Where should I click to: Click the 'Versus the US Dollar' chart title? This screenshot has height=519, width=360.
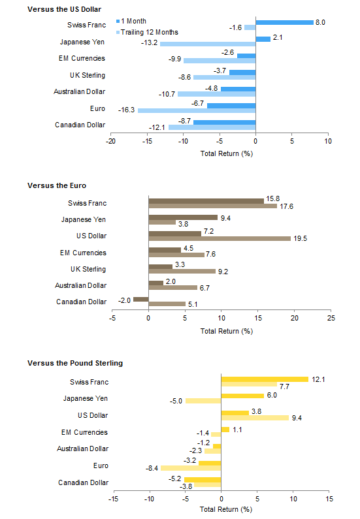click(64, 9)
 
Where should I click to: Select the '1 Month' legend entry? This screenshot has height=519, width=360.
click(131, 21)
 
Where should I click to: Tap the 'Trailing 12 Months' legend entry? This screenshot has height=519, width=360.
click(147, 32)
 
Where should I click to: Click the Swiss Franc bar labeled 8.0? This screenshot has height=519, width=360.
click(284, 22)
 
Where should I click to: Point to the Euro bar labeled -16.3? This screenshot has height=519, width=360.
click(197, 110)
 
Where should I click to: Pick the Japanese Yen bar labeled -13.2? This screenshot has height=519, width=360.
click(208, 44)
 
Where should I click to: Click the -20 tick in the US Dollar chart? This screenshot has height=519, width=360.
click(110, 141)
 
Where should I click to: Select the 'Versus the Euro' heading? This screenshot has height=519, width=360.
click(57, 185)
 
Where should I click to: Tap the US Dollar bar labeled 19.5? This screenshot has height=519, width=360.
click(220, 239)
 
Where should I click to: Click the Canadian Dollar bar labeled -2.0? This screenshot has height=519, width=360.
click(141, 299)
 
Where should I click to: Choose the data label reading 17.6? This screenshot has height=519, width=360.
click(286, 206)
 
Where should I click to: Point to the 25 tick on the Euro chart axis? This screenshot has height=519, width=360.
click(331, 318)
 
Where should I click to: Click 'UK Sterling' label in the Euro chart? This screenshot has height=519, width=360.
click(88, 269)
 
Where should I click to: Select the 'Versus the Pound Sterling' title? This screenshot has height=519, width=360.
click(75, 363)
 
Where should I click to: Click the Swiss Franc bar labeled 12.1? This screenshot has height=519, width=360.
click(265, 379)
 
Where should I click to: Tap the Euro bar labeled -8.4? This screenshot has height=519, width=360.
click(191, 468)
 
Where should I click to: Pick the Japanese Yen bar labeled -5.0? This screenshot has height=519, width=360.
click(203, 401)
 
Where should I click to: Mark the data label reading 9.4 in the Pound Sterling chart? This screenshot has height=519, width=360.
click(297, 418)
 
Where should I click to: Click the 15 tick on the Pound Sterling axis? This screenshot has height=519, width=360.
click(329, 499)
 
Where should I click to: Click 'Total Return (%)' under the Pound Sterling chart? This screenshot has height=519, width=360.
click(226, 509)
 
